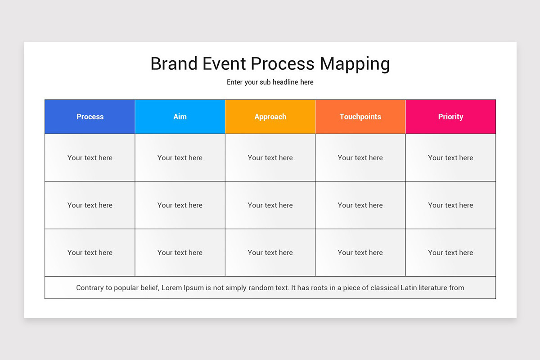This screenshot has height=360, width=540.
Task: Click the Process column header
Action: pyautogui.click(x=90, y=117)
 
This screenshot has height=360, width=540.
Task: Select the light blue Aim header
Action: pyautogui.click(x=180, y=117)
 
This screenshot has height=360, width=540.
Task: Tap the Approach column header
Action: pyautogui.click(x=270, y=117)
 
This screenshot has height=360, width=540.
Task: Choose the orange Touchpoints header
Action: pyautogui.click(x=360, y=117)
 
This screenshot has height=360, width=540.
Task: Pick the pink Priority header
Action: pyautogui.click(x=450, y=117)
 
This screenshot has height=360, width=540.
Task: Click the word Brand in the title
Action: pyautogui.click(x=174, y=64)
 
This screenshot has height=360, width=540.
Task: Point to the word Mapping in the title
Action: pyautogui.click(x=355, y=64)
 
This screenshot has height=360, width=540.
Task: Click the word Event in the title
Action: pyautogui.click(x=224, y=64)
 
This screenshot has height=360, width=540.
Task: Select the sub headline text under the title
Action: pyautogui.click(x=270, y=82)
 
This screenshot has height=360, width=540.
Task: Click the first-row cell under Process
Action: pyautogui.click(x=90, y=157)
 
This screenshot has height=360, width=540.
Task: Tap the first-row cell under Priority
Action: pyautogui.click(x=450, y=157)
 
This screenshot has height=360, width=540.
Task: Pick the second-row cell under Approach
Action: pyautogui.click(x=270, y=205)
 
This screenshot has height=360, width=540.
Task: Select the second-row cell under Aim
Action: pyautogui.click(x=180, y=205)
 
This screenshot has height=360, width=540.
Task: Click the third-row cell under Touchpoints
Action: pyautogui.click(x=360, y=252)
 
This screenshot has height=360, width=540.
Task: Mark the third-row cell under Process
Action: pyautogui.click(x=90, y=252)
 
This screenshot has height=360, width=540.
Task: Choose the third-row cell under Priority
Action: pyautogui.click(x=450, y=252)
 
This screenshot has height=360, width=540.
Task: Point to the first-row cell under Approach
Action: pyautogui.click(x=270, y=157)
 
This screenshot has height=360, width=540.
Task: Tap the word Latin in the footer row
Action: pyautogui.click(x=410, y=288)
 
